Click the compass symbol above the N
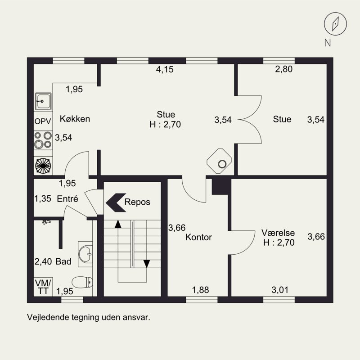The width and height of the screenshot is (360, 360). tap(335, 24)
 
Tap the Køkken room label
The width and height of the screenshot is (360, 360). tap(75, 119)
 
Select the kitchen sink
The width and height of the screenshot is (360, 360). tap(43, 102)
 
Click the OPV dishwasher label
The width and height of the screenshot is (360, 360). tap(43, 121)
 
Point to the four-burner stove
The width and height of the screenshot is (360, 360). tap(43, 140)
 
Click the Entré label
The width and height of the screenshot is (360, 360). tap(67, 198)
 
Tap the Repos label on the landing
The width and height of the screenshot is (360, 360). tap(137, 202)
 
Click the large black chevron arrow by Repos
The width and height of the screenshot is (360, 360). tap(116, 202)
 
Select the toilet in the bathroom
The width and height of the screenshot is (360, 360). tap(82, 282)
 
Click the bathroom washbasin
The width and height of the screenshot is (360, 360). tap(85, 254)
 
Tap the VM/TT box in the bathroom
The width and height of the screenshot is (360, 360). tap(43, 287)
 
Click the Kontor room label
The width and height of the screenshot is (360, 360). tap(198, 237)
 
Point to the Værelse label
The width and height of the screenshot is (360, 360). tap(278, 233)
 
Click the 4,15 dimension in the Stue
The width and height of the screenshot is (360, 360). tap(165, 69)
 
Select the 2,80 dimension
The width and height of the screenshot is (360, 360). tap(284, 69)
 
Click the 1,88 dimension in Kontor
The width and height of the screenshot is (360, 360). tap(200, 290)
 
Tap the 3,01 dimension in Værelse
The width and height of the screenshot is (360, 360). tap(280, 290)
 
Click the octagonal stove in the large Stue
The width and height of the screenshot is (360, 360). tap(219, 161)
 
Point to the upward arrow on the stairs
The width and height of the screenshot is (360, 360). tap(118, 224)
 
